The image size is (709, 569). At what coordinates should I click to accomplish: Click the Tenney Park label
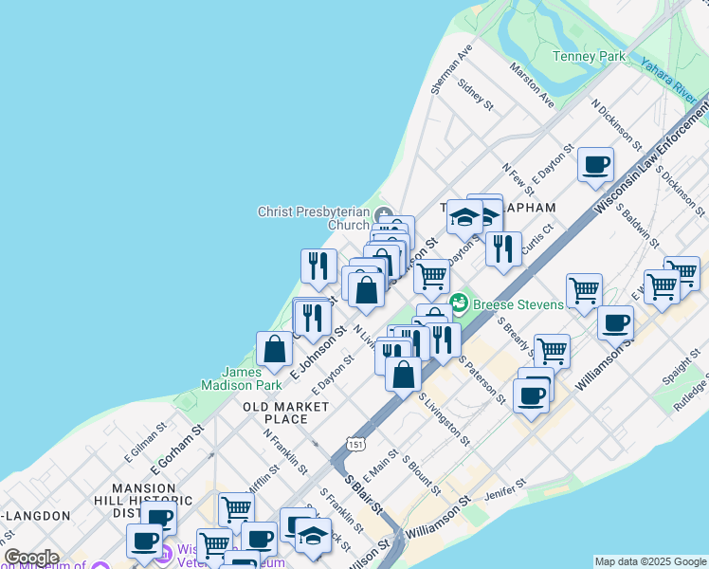[x=590, y=56]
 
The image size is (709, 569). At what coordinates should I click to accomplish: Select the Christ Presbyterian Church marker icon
[x=382, y=212]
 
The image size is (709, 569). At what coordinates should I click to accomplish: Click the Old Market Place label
[x=286, y=413]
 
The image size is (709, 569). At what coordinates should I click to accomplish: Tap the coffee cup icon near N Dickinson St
[x=595, y=164]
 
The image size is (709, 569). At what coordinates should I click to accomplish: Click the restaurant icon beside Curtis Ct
[x=503, y=248]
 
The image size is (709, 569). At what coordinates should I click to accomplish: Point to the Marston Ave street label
[x=532, y=84]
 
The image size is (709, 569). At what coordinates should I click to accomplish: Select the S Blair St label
[x=365, y=495]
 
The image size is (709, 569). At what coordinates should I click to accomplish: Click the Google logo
[x=30, y=558]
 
